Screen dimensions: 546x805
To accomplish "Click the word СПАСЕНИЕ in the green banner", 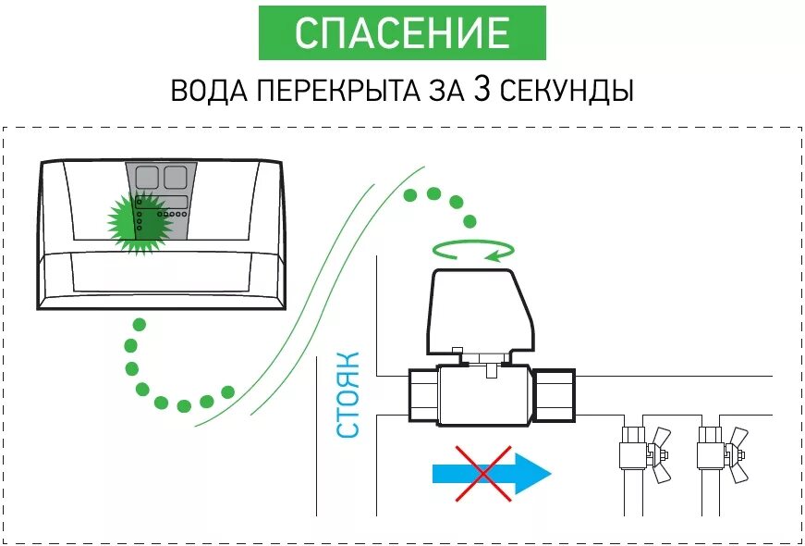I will pos(402,33).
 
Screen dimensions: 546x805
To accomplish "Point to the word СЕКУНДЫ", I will pos(566,93).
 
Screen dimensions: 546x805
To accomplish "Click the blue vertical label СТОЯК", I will pos(348,394).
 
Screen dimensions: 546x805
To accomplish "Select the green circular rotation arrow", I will pos(473,249).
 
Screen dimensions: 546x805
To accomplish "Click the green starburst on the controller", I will pos(139,222).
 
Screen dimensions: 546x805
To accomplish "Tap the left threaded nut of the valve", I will pos(421,395).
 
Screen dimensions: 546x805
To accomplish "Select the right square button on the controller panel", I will pos(177,179).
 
